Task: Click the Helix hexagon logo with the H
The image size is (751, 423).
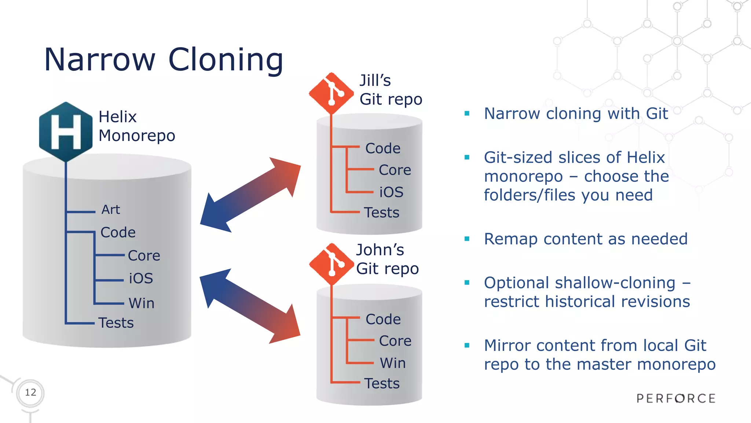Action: pos(66,131)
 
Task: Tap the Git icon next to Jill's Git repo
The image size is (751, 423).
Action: pos(331,93)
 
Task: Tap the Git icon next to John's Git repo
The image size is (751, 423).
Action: pos(331,264)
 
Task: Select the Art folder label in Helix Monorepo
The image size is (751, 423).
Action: pos(111,210)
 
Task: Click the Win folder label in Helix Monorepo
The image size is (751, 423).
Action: pos(142,303)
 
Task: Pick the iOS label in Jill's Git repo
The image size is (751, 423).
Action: pos(391,192)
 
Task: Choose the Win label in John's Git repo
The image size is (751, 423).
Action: pos(393,363)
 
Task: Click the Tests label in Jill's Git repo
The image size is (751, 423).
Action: pos(382,213)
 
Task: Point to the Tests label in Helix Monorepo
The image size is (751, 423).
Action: pos(116,323)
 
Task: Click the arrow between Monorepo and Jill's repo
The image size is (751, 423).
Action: pos(250,195)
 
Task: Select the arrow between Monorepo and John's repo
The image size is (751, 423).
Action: pos(250,306)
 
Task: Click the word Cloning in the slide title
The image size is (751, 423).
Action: pos(226,59)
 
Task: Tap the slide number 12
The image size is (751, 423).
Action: pos(30,393)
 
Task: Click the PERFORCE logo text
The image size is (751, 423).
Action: pos(676,398)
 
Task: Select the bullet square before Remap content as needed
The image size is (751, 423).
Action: pos(467,239)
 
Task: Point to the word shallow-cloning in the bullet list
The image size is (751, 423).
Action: pos(615,283)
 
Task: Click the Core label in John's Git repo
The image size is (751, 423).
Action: pos(395,341)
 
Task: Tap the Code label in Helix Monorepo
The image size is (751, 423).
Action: pos(118,232)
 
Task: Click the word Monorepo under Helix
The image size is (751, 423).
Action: pos(137,136)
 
